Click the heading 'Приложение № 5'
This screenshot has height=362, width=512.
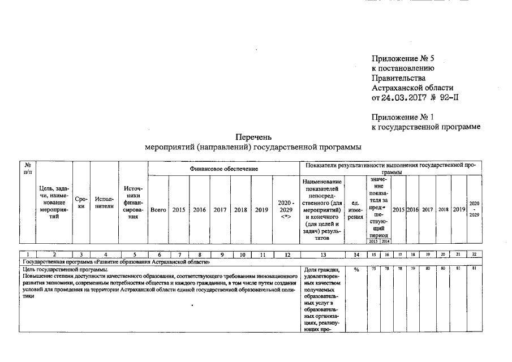[x=402, y=59]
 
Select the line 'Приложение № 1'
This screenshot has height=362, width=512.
[x=402, y=117]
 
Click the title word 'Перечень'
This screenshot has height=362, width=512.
[x=253, y=137]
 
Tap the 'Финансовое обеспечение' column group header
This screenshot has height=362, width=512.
[x=223, y=169]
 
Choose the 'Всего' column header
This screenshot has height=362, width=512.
[x=158, y=210]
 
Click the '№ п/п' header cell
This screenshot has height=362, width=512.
[x=28, y=167]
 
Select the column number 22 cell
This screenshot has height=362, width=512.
[x=474, y=255]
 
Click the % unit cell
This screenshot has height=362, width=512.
[x=356, y=269]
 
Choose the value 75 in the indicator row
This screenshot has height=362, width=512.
[x=373, y=269]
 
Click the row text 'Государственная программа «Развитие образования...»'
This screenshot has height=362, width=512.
[x=116, y=262]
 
